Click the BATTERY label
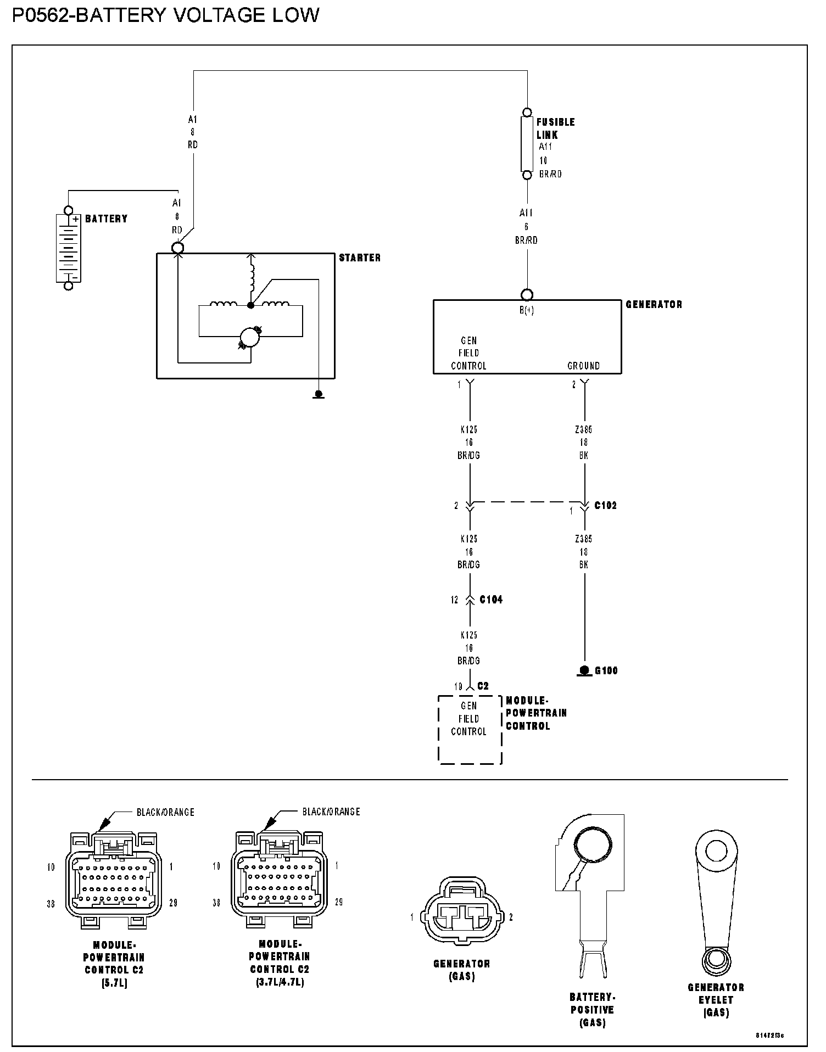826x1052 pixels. tap(106, 219)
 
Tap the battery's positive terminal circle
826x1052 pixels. tap(68, 210)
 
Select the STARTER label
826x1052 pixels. tap(360, 258)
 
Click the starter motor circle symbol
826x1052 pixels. tap(250, 337)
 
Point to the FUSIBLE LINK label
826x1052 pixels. tap(555, 128)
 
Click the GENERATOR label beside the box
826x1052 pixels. tap(654, 304)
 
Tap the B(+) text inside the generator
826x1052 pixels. tap(527, 310)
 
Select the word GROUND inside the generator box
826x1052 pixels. tap(583, 366)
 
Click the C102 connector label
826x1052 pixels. tap(605, 505)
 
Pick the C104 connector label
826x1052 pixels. tap(491, 600)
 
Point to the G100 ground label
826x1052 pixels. tap(606, 670)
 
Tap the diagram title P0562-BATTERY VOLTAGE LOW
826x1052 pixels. tap(165, 15)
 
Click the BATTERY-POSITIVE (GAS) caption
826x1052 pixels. tap(592, 1010)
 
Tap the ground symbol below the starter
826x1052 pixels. tap(318, 394)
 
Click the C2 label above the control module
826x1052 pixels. tap(483, 686)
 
